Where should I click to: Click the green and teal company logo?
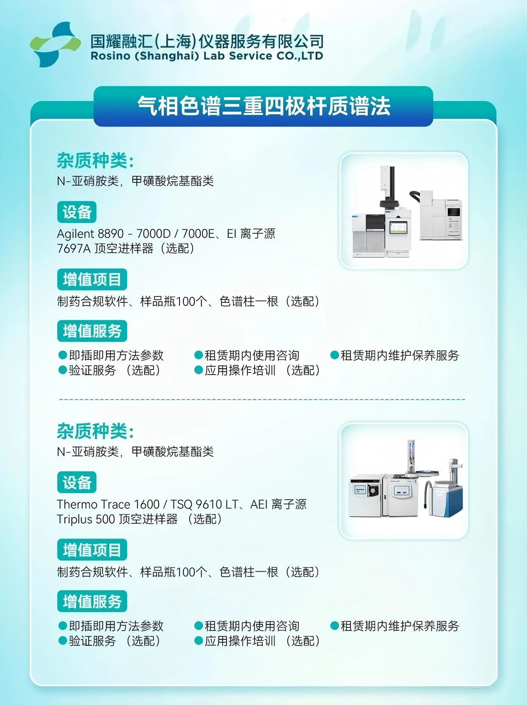[x=55, y=45]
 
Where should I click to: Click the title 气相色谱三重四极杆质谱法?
[x=263, y=106]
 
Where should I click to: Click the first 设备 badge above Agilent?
[x=77, y=212]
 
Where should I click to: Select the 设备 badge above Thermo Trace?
[x=77, y=482]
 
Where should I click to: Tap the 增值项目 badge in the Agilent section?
[x=92, y=279]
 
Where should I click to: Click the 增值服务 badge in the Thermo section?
[x=92, y=601]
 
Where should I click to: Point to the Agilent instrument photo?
[x=404, y=211]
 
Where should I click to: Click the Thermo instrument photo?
[x=404, y=481]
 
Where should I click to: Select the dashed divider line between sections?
[x=262, y=400]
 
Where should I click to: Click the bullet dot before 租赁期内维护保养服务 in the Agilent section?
[x=334, y=355]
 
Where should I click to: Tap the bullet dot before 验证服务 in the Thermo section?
[x=63, y=640]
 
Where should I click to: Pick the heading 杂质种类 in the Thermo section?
[x=95, y=431]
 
